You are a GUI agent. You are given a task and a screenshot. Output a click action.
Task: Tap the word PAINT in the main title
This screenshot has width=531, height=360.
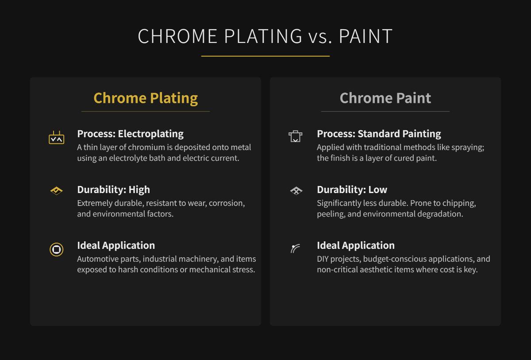pos(366,36)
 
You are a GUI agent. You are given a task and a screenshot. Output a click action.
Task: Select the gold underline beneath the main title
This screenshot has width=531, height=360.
pos(265,56)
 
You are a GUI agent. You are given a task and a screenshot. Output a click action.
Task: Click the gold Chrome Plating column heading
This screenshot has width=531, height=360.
pos(146,98)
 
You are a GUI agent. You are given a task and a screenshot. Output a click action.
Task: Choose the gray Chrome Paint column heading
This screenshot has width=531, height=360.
pos(385,98)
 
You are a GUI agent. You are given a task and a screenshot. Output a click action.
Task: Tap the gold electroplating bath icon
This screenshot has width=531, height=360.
pos(56,138)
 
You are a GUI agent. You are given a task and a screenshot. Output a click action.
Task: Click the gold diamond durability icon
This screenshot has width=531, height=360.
pos(56,191)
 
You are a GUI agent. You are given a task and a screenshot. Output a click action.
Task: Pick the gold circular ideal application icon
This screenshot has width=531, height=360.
pos(56,249)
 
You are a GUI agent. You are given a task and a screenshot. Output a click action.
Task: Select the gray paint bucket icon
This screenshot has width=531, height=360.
pos(295,136)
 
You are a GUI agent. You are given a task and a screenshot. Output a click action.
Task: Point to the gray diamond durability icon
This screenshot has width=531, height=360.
pos(296,191)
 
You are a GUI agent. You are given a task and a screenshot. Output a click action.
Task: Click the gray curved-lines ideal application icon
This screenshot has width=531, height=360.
pos(295,249)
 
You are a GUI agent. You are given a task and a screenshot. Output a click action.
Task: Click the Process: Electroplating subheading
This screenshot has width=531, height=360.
pos(130,134)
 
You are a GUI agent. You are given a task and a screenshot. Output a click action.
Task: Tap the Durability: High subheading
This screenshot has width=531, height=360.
pos(113,190)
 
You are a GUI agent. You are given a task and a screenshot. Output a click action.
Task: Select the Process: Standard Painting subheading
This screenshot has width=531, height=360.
pos(379,134)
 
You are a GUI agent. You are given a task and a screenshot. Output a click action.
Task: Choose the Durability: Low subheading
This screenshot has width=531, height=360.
pos(352,190)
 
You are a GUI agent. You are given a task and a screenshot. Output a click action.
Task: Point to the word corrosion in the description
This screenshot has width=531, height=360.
pos(227,203)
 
